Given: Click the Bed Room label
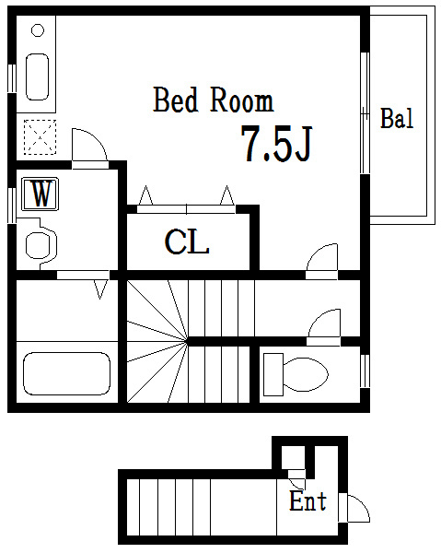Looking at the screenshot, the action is (214, 100).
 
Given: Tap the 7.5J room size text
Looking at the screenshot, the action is (276, 144).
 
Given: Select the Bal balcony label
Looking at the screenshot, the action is (397, 118).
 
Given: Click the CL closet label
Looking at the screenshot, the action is (187, 241).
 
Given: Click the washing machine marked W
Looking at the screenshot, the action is (40, 194).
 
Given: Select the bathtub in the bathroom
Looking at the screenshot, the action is (66, 373).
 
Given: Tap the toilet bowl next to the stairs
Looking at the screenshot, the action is (305, 374).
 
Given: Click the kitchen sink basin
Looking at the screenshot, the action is (38, 76).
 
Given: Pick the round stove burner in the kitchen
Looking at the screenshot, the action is (38, 30).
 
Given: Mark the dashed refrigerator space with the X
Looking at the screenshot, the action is (40, 136).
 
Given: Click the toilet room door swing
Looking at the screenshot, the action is (324, 324).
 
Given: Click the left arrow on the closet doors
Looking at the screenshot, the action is (145, 195).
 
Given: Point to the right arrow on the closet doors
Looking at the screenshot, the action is (227, 195).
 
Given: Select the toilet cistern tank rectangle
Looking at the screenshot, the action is (273, 374).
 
